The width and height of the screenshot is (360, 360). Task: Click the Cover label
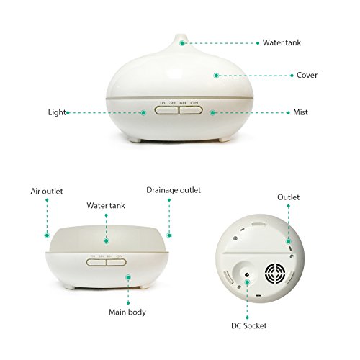307,75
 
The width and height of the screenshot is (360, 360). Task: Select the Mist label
302,112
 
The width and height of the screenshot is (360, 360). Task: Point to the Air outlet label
47,192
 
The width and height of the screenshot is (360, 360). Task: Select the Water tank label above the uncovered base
107,205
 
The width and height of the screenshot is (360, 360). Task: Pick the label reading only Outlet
289,197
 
